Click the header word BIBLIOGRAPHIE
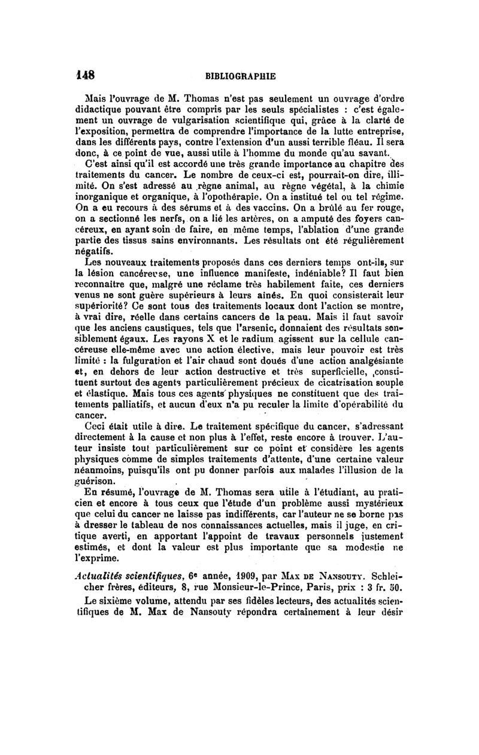[x=240, y=77]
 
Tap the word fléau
[x=367, y=141]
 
